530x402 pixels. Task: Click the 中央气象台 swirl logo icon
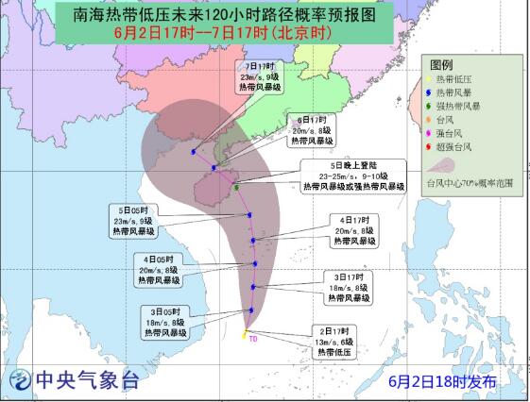pyautogui.click(x=20, y=381)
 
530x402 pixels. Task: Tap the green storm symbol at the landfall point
pyautogui.click(x=235, y=188)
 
